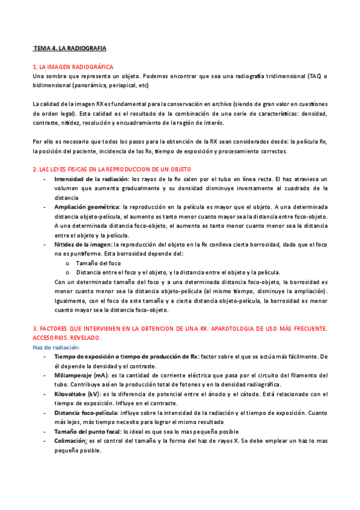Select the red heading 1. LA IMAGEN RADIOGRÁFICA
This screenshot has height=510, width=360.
[73, 67]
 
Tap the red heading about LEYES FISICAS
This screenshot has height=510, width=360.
[111, 170]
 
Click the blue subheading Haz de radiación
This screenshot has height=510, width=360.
[54, 347]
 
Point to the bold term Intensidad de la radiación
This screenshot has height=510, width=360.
[91, 179]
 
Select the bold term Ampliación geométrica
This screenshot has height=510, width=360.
[87, 206]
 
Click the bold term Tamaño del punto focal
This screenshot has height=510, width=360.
[87, 431]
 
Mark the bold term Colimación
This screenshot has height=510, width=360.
[70, 441]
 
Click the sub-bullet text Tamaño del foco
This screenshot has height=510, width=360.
[98, 263]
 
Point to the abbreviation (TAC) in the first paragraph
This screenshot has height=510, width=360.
[314, 76]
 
